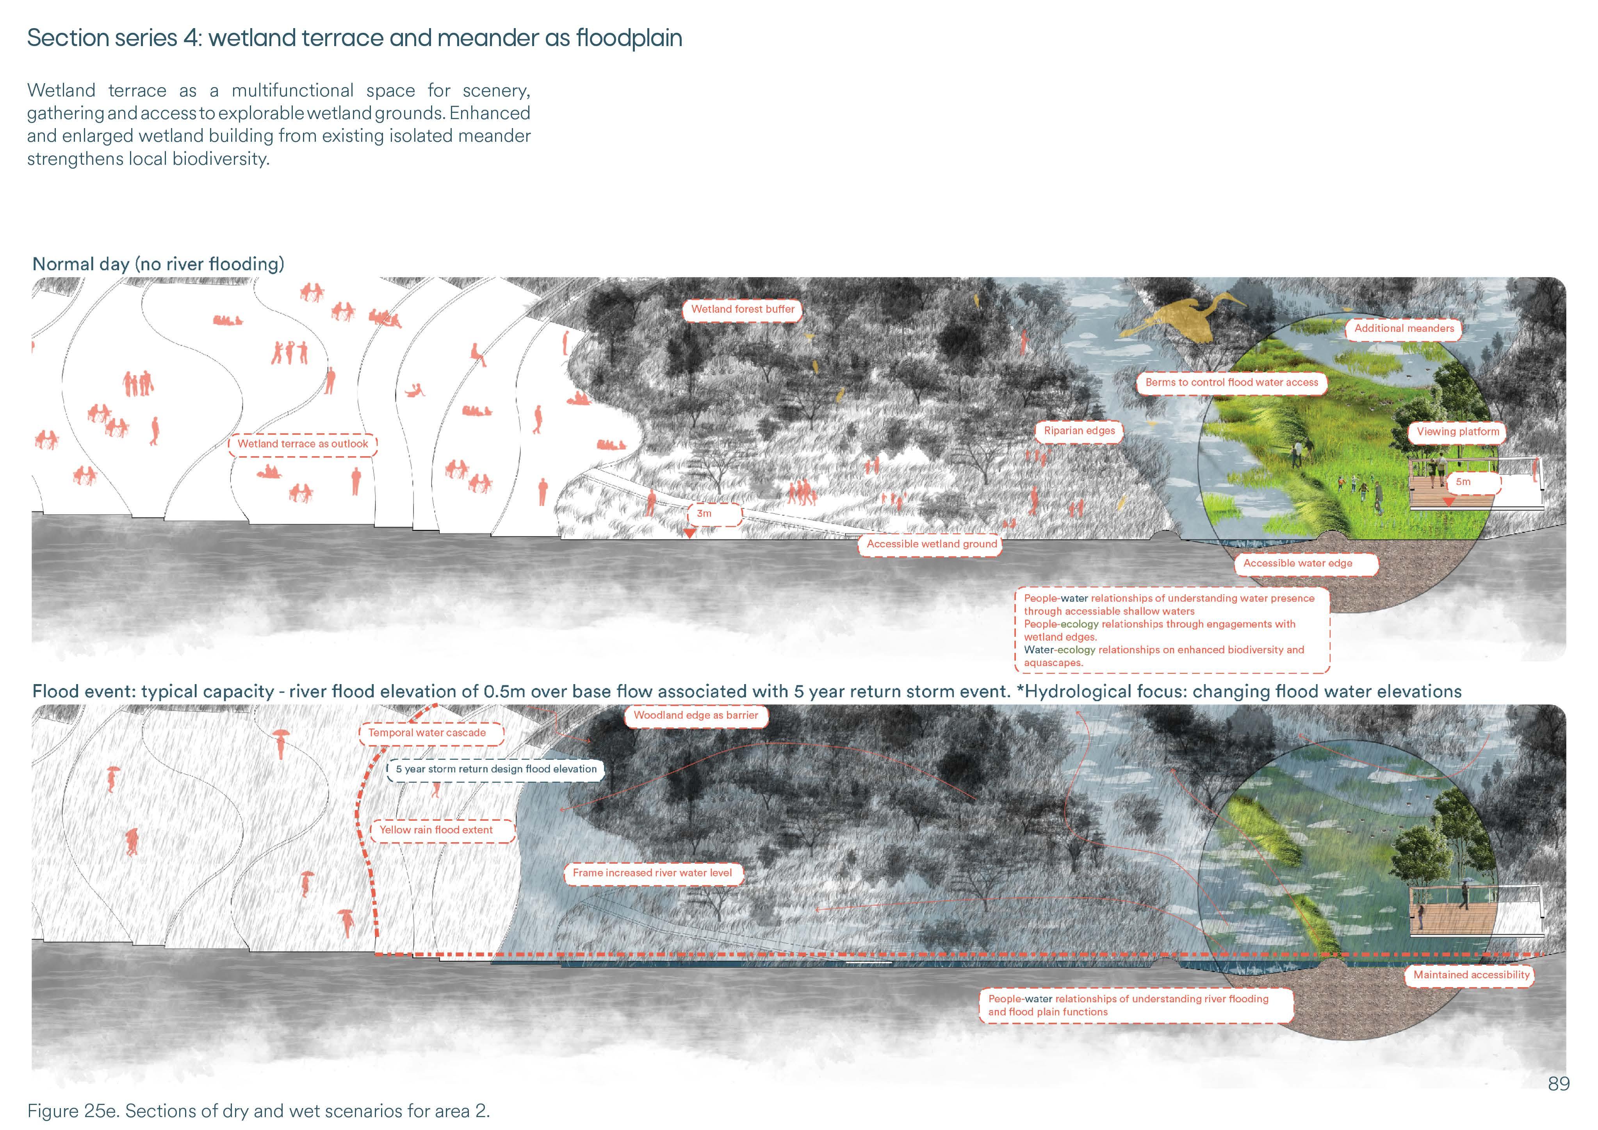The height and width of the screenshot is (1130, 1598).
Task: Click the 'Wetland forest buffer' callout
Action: click(x=743, y=309)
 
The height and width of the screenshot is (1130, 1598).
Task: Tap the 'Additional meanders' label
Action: click(x=1404, y=329)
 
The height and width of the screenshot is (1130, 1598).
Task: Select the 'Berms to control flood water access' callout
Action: click(x=1231, y=382)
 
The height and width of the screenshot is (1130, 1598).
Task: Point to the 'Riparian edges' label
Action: click(x=1079, y=431)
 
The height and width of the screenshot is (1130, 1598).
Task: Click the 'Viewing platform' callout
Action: click(x=1457, y=432)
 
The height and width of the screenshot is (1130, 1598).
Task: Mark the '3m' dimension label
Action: click(x=704, y=514)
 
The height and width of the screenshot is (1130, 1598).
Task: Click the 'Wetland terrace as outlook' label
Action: click(x=303, y=444)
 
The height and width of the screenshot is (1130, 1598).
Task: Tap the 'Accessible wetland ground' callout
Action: click(x=931, y=544)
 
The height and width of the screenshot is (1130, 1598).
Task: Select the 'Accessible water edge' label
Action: click(x=1297, y=563)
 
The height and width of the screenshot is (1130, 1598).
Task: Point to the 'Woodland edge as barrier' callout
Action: click(x=695, y=715)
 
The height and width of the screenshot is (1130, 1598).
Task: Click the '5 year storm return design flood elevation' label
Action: click(x=495, y=769)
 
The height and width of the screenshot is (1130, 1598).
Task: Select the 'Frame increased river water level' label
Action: click(x=652, y=873)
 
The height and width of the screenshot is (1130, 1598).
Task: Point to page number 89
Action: click(x=1558, y=1084)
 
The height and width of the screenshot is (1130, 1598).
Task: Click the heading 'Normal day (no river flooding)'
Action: click(x=158, y=265)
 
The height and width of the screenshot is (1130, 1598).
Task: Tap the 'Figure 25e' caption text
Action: click(x=258, y=1110)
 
